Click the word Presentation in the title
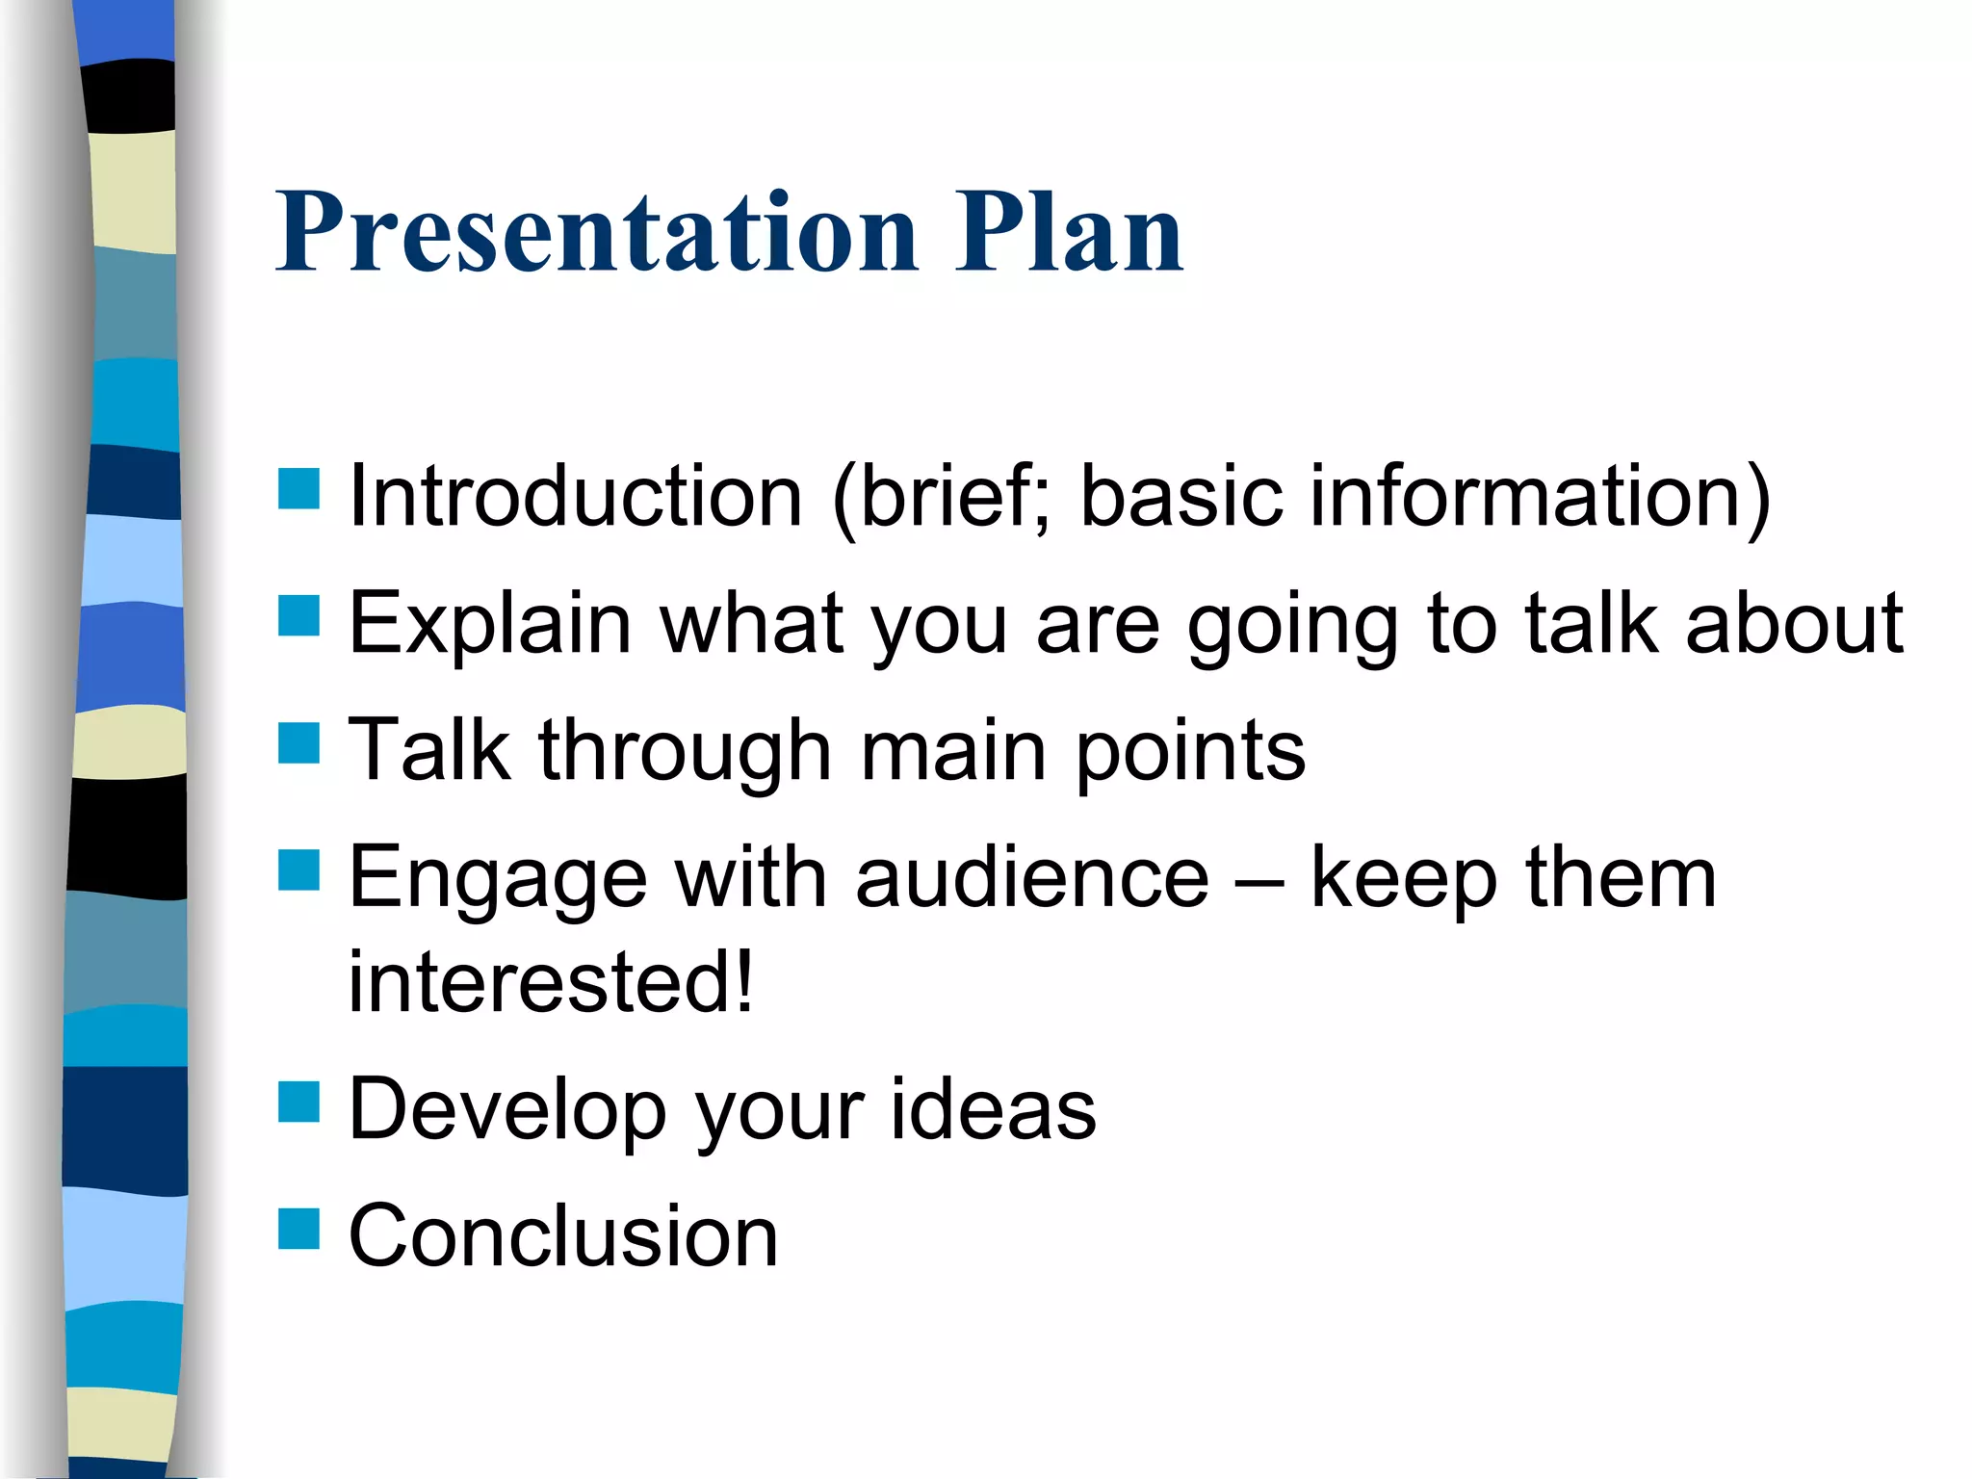tap(597, 233)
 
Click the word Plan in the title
tap(1069, 233)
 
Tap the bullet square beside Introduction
tap(298, 488)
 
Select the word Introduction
tap(575, 497)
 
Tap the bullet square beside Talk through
tap(298, 743)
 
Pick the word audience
tap(1031, 878)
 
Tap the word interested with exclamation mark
tap(551, 982)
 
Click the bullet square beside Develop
tap(298, 1103)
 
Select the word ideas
tap(992, 1109)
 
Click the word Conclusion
tap(563, 1236)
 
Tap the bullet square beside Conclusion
tap(298, 1229)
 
